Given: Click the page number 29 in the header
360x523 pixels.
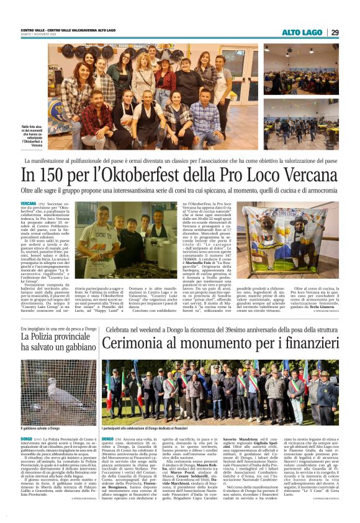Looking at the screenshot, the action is click(x=335, y=32).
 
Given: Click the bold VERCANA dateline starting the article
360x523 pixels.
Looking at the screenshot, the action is click(x=28, y=203).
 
